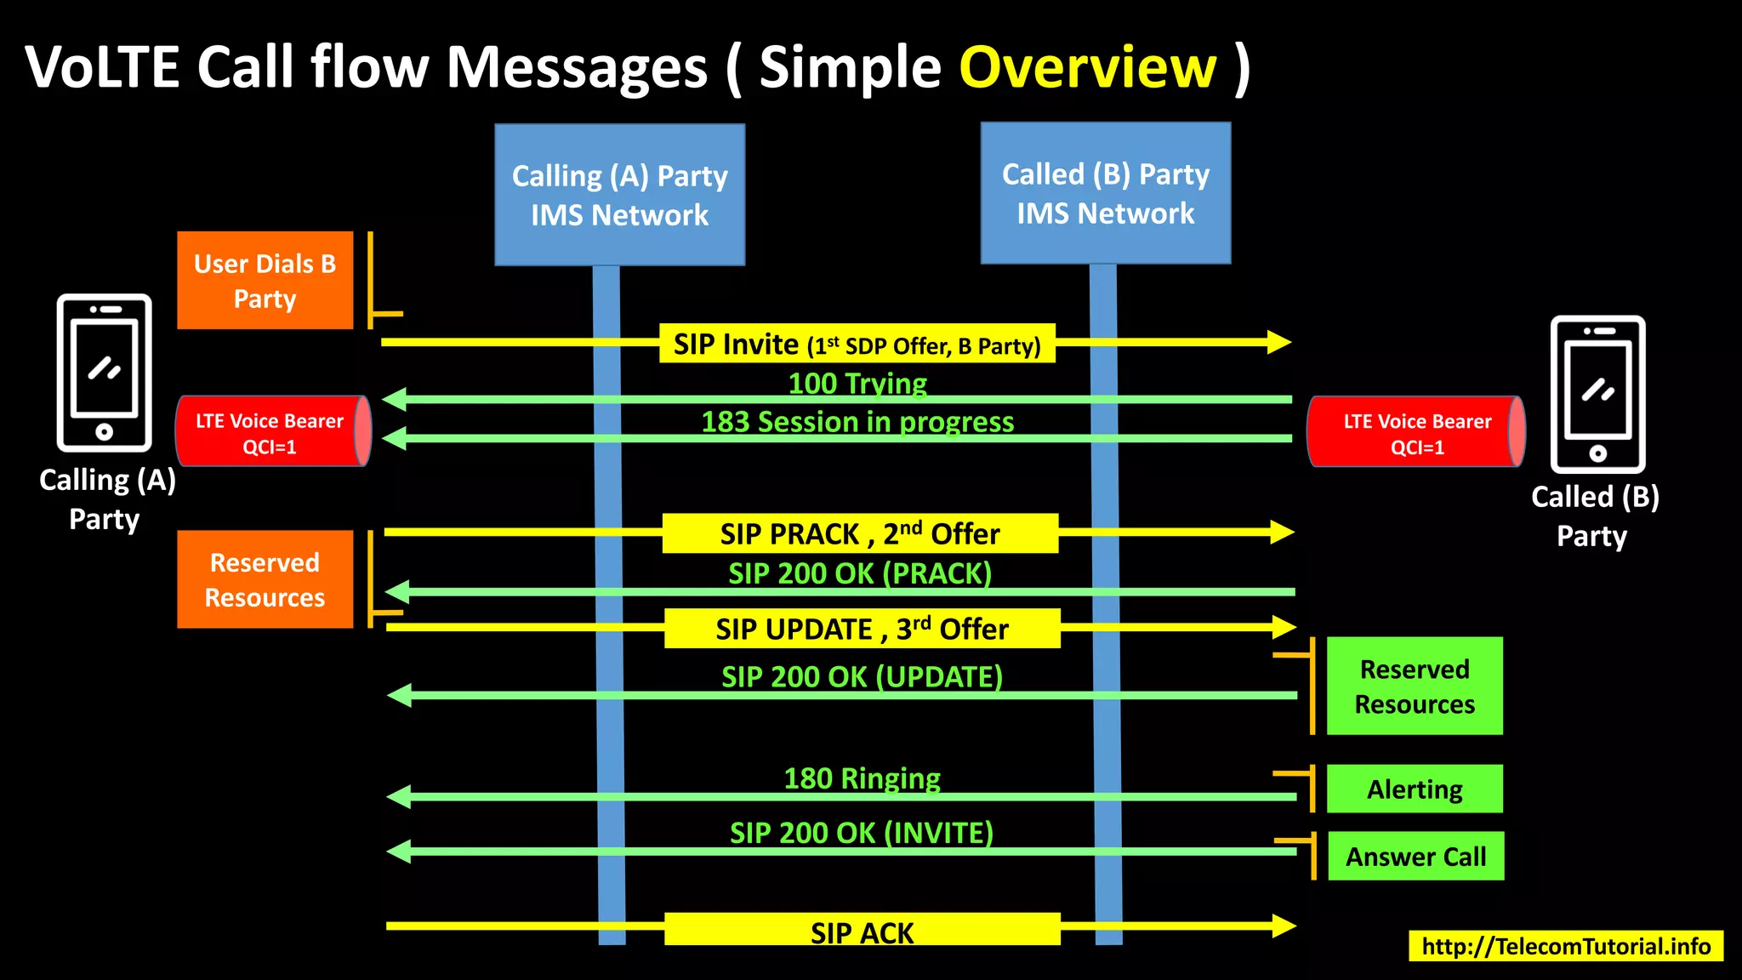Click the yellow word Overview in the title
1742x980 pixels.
pyautogui.click(x=1088, y=67)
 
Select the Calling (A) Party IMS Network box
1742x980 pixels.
pyautogui.click(x=619, y=195)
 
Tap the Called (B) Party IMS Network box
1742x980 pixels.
pyautogui.click(x=1105, y=193)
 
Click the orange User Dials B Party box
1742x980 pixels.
pyautogui.click(x=265, y=281)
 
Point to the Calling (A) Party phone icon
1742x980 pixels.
pyautogui.click(x=104, y=373)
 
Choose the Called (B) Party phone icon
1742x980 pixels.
pyautogui.click(x=1597, y=394)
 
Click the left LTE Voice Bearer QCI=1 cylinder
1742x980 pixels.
pyautogui.click(x=272, y=432)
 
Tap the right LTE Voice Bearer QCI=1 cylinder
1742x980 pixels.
pyautogui.click(x=1415, y=432)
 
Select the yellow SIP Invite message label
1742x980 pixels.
pyautogui.click(x=857, y=344)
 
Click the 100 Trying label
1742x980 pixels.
pyautogui.click(x=857, y=384)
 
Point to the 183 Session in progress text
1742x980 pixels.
pyautogui.click(x=857, y=422)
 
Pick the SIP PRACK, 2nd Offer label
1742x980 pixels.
pyautogui.click(x=859, y=533)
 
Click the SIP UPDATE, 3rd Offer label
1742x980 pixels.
pyautogui.click(x=861, y=629)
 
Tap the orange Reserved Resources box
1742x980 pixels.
pyautogui.click(x=265, y=579)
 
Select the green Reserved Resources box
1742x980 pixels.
pyautogui.click(x=1414, y=686)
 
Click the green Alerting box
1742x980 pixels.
pyautogui.click(x=1414, y=789)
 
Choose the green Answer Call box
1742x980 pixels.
pyautogui.click(x=1415, y=856)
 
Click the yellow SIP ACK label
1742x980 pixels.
pyautogui.click(x=861, y=931)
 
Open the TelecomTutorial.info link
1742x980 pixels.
pyautogui.click(x=1565, y=946)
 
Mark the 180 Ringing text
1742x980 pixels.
pyautogui.click(x=861, y=778)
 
